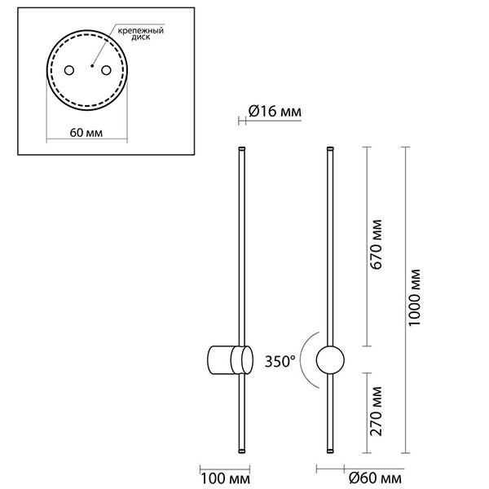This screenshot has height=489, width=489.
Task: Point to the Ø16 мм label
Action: [267, 112]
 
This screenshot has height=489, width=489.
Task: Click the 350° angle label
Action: [280, 360]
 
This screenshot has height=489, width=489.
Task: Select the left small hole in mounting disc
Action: [70, 70]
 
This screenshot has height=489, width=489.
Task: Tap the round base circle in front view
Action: [330, 359]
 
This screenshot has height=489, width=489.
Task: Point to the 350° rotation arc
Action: [304, 359]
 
